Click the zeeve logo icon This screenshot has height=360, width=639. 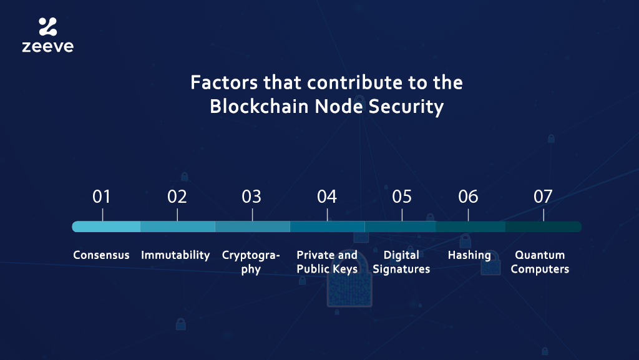47,26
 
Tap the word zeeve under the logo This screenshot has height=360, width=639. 47,46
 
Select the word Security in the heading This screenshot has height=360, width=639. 406,107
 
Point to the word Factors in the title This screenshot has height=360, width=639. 224,83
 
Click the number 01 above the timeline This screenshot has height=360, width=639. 102,197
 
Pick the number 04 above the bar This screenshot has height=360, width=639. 327,197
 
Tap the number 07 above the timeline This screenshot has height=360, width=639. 544,197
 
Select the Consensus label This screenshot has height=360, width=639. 101,255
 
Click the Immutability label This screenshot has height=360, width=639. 175,255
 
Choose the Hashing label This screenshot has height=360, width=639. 469,255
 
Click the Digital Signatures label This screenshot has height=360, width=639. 401,262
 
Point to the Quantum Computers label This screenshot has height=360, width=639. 540,262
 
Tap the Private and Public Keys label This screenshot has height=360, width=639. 327,262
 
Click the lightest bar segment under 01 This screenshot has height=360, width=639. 106,227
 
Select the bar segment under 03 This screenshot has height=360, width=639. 253,227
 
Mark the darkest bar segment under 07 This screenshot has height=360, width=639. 544,227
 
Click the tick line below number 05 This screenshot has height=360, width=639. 402,215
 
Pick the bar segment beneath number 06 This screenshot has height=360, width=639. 471,227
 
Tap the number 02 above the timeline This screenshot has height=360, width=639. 177,197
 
